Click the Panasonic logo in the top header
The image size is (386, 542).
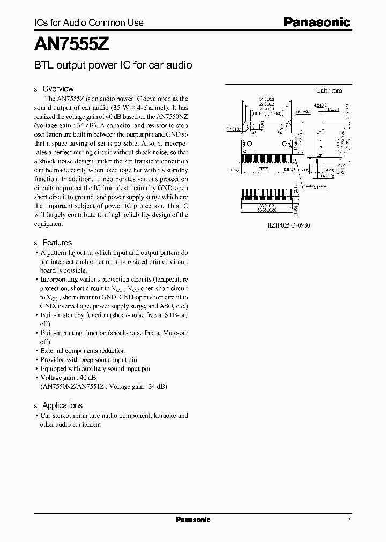pos(316,22)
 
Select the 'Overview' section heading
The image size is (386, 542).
pos(58,88)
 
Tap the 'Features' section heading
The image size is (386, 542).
pos(57,243)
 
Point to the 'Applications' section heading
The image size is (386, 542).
pos(62,405)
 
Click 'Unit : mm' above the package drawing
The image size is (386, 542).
pos(329,91)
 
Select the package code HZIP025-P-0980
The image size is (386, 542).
pos(288,225)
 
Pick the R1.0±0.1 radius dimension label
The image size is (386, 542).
pos(234,129)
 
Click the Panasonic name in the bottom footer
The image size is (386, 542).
pos(193,520)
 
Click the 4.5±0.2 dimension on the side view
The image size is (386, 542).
pos(321,106)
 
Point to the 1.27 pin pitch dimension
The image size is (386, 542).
pos(264,168)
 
